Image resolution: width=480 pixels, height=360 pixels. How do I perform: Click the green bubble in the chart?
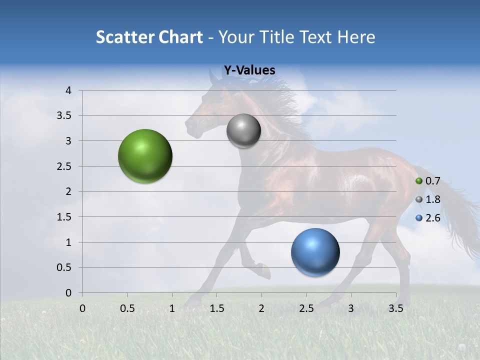coord(145,156)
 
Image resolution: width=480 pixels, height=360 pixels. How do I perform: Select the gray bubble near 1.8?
coord(243,130)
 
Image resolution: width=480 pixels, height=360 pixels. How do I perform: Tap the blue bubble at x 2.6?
coord(315,252)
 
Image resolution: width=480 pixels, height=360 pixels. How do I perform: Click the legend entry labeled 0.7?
coord(428,181)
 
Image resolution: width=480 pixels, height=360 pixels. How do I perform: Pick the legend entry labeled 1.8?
coord(428,199)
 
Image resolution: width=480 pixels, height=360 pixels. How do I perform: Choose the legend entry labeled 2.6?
coord(428,218)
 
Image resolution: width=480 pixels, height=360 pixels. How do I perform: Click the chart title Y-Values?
coord(249,70)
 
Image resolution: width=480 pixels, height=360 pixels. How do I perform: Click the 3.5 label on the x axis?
coord(395,308)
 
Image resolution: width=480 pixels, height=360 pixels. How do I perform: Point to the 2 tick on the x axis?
coord(261,308)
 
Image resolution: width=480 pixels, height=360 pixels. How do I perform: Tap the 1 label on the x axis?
coord(172,308)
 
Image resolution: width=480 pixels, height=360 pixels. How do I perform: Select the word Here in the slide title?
coord(355,37)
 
